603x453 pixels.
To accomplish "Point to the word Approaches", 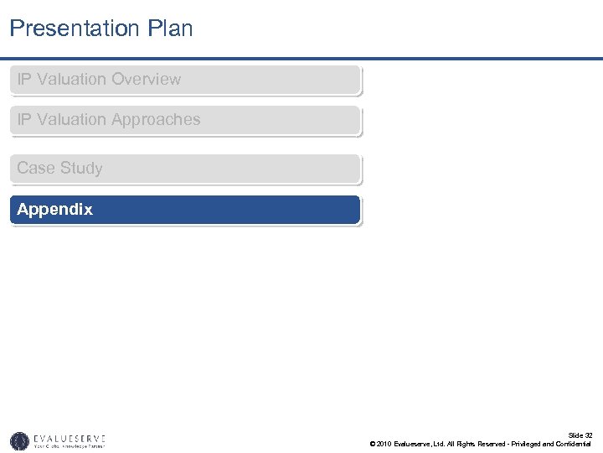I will (156, 120).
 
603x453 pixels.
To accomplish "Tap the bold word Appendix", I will (54, 210).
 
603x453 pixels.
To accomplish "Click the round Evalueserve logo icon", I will (19, 440).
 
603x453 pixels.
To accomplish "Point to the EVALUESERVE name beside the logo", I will (70, 437).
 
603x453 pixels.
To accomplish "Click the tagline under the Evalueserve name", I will (70, 446).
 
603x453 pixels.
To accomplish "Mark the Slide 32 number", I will (580, 435).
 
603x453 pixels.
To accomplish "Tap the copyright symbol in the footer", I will (372, 444).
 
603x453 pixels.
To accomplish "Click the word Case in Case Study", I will (36, 169).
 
